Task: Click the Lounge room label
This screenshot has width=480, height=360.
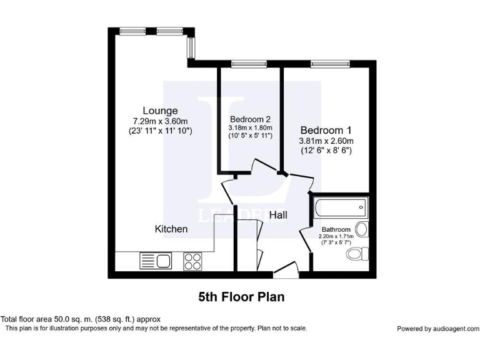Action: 159,111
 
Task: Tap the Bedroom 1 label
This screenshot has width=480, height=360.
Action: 326,130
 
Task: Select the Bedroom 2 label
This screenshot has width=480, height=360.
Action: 250,119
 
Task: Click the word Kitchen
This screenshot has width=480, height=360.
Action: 171,229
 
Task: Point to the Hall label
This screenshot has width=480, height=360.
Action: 278,215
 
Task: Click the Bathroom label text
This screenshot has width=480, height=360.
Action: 336,229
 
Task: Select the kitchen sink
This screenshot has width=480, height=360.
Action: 156,261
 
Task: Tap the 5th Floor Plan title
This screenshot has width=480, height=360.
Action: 241,297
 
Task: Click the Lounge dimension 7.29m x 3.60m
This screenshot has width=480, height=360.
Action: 161,121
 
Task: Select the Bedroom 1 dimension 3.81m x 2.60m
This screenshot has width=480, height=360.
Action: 326,141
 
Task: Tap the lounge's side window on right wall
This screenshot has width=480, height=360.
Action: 192,46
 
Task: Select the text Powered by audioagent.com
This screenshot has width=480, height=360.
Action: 437,329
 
